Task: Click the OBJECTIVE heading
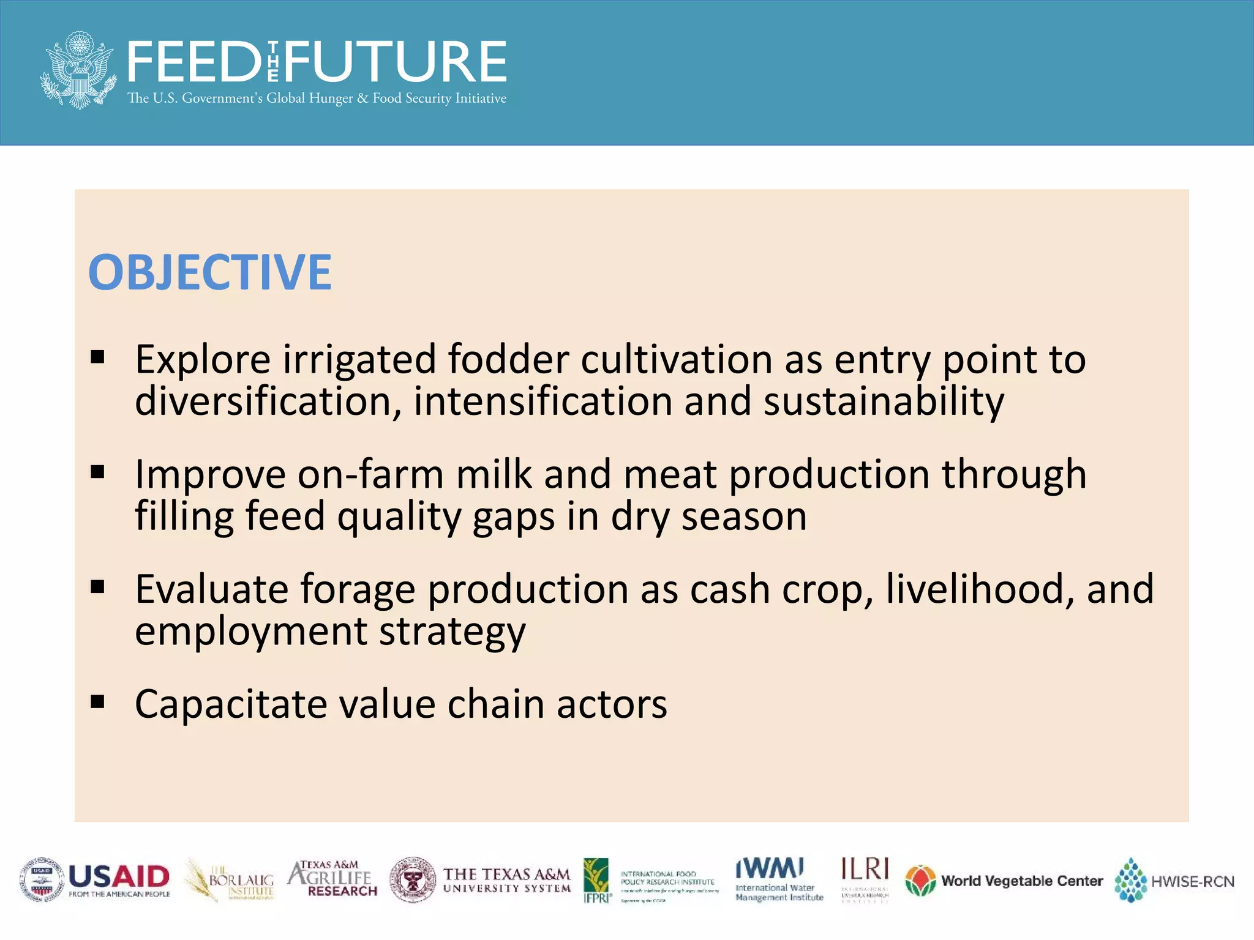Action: (x=210, y=273)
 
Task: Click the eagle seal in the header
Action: (x=78, y=70)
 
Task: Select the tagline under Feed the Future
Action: (x=317, y=99)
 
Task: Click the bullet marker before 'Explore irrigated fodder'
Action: (x=97, y=357)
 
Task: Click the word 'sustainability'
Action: (x=884, y=401)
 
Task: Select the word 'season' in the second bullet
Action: (x=744, y=516)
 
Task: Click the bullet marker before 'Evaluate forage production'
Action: (x=97, y=587)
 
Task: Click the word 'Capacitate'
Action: (x=231, y=704)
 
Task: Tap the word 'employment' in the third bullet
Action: (x=250, y=631)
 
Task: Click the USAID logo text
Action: (x=119, y=876)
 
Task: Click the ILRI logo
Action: (x=865, y=879)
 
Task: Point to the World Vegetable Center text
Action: (x=1021, y=881)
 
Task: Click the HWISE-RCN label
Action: (x=1192, y=882)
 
